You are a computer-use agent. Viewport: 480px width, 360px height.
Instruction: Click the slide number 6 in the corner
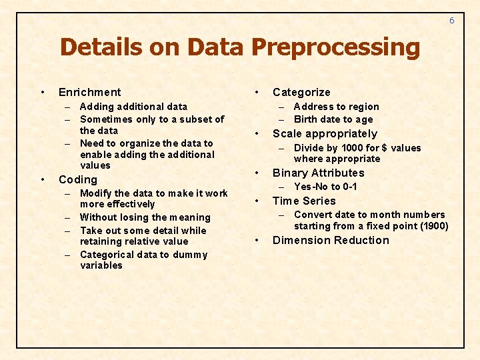[451, 21]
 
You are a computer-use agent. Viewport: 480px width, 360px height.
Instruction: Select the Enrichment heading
[90, 92]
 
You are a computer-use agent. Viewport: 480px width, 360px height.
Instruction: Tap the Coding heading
[78, 179]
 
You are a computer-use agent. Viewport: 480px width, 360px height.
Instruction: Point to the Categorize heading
[301, 92]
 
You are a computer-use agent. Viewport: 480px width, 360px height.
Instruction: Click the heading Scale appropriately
[325, 133]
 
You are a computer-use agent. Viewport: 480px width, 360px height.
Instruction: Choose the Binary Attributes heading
[319, 173]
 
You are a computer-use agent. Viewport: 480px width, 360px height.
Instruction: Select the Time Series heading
[304, 201]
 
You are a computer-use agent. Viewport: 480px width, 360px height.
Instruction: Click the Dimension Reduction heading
[331, 240]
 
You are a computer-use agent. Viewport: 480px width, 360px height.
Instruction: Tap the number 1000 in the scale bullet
[351, 148]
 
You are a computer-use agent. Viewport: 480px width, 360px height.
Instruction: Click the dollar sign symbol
[384, 148]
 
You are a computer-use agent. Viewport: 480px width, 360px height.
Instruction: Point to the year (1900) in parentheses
[435, 225]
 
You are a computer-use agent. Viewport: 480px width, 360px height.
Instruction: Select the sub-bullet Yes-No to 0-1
[325, 187]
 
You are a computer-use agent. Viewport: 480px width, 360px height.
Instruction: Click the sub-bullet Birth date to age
[333, 119]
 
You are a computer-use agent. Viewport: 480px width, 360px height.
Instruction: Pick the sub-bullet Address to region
[336, 107]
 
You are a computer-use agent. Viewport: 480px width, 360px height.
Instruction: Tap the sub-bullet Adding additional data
[133, 107]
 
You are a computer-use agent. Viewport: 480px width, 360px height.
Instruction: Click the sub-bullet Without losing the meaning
[145, 217]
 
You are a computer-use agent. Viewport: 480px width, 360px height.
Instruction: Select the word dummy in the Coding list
[193, 255]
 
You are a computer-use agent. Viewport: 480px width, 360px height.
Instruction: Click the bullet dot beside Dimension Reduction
[257, 240]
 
